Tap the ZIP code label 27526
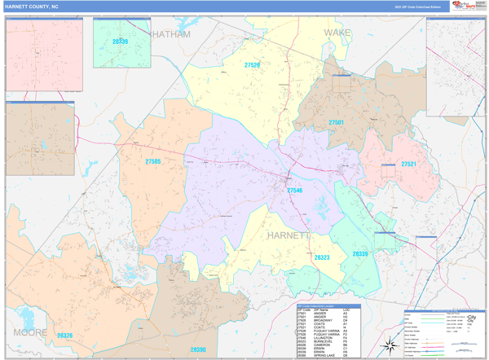pos(252,65)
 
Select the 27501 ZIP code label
pos(337,122)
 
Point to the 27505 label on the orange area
pos(153,161)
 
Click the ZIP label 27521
pos(408,164)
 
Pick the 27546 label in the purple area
pos(294,190)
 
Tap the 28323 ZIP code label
pos(322,257)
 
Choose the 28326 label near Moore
pos(64,335)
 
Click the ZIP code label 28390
pos(198,349)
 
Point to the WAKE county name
pos(337,33)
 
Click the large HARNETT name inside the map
pos(289,235)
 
